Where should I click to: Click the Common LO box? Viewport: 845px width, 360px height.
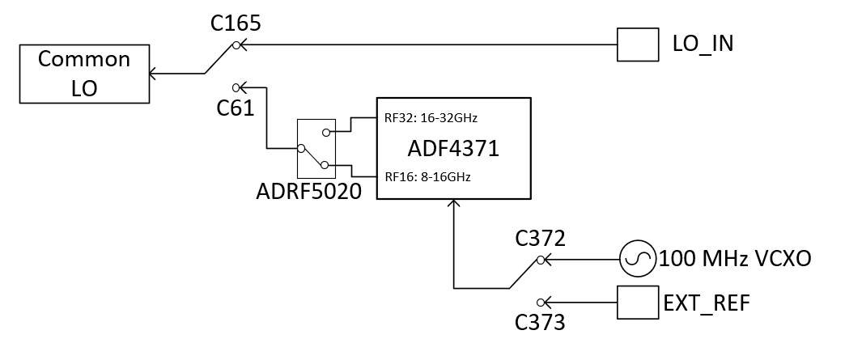coord(85,74)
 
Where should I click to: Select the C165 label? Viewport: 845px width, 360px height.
coord(236,23)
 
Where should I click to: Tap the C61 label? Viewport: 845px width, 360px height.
coord(235,108)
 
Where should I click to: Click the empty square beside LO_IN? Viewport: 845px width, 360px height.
coord(638,44)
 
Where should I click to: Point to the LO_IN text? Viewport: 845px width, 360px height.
coord(703,44)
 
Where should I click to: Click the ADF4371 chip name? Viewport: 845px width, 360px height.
coord(453,149)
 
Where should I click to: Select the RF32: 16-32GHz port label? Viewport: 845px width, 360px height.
coord(431,118)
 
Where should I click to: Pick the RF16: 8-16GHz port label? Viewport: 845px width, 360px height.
coord(427,177)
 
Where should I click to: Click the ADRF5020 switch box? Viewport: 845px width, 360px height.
coord(316,149)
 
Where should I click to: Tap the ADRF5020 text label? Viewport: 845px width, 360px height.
coord(309,191)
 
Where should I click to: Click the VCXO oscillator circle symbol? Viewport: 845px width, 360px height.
coord(638,259)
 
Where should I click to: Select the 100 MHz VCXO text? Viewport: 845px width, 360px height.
coord(735,259)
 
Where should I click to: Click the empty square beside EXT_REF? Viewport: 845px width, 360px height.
coord(638,303)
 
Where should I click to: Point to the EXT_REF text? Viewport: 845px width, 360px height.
coord(707,303)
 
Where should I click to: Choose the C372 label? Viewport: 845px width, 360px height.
coord(541,238)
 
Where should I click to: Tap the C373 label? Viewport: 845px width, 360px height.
coord(540,323)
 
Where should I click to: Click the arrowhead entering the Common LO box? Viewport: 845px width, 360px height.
coord(152,74)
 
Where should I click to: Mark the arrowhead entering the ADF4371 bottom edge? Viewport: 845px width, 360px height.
coord(454,203)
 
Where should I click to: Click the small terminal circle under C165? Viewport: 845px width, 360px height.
coord(236,46)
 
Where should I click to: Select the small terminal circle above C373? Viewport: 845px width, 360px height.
coord(541,303)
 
